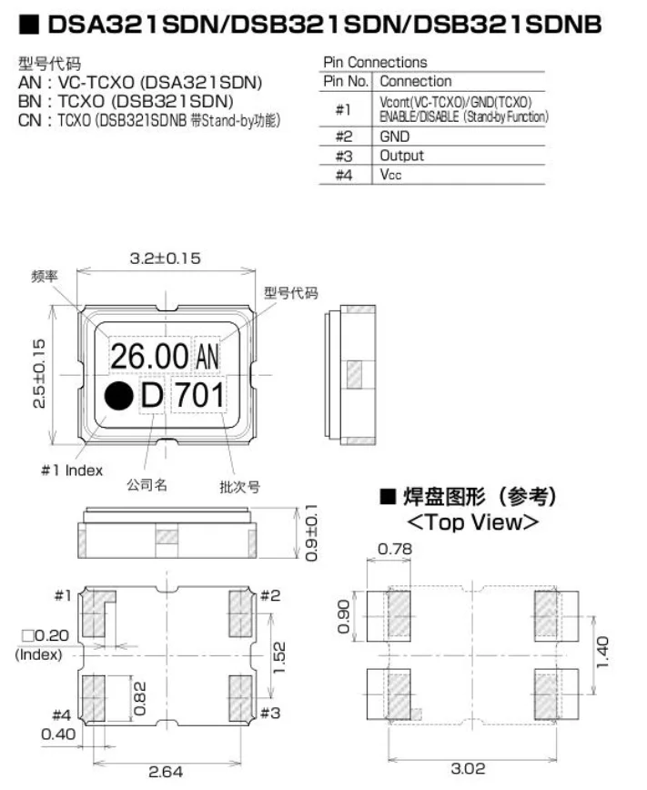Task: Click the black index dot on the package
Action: coord(117,396)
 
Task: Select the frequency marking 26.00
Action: coord(149,355)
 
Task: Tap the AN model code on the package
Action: coord(207,356)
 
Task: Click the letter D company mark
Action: coord(152,396)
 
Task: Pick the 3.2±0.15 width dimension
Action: coord(165,258)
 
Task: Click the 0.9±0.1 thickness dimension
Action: coord(312,532)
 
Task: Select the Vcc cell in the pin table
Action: coord(390,175)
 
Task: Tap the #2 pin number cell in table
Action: coord(344,137)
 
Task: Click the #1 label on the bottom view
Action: coord(62,596)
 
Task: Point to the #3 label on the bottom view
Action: coord(270,712)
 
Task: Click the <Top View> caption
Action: coord(473,522)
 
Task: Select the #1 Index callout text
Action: coord(72,470)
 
